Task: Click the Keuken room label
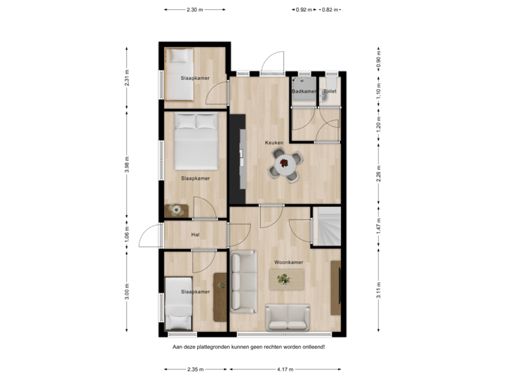[x=274, y=142]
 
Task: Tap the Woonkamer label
[x=288, y=262]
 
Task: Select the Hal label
[x=196, y=235]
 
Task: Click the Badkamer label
[x=303, y=91]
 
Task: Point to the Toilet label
[x=330, y=91]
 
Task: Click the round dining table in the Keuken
[x=285, y=166]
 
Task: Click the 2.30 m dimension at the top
[x=194, y=10]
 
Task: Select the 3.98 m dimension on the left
[x=127, y=164]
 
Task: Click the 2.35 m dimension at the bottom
[x=195, y=369]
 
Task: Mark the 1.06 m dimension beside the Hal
[x=127, y=232]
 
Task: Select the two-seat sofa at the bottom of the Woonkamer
[x=288, y=317]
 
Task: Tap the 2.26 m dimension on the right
[x=379, y=173]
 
